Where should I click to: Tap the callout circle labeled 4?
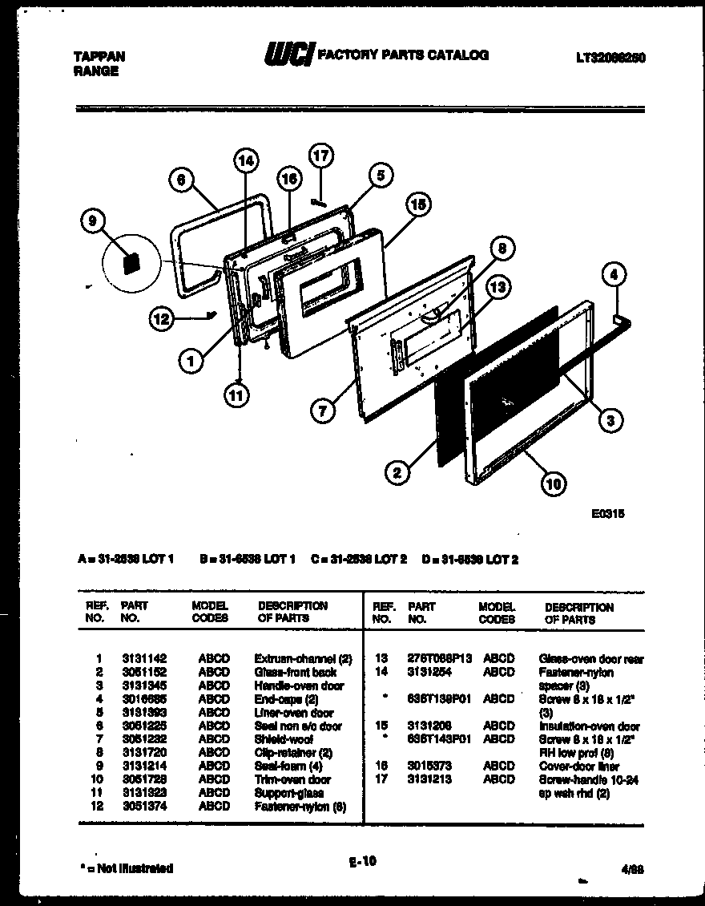613,275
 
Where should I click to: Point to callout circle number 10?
554,483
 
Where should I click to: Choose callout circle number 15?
417,204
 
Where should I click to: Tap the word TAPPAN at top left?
99,57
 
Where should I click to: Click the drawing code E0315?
609,515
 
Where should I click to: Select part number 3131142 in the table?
144,658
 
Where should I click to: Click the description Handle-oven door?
299,686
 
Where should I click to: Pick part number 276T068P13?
440,658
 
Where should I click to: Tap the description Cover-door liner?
578,766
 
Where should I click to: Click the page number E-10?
362,862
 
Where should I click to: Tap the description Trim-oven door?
292,779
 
